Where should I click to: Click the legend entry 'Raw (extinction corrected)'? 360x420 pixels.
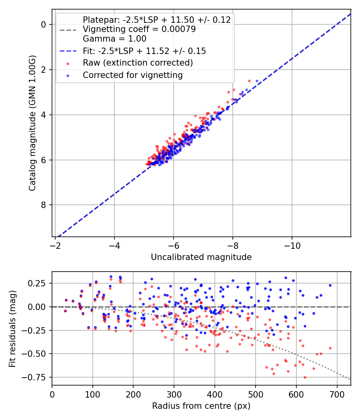tap(138, 63)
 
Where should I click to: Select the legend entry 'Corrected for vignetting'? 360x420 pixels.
tap(132, 75)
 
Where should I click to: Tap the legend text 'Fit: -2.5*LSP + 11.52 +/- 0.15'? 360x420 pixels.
tap(144, 51)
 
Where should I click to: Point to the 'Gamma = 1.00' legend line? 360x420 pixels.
tap(114, 39)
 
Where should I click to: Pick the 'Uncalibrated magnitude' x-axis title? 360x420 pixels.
tap(201, 257)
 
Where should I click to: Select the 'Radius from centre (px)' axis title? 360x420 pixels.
tap(201, 406)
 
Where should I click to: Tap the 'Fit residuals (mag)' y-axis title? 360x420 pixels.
tap(13, 328)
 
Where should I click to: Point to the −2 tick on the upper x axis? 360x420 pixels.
tap(55, 245)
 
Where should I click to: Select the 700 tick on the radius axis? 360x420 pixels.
tap(337, 394)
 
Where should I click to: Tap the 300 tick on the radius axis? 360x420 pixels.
tap(174, 394)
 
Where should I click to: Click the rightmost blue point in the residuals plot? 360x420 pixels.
tap(330, 285)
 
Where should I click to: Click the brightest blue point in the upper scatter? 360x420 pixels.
tap(257, 81)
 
